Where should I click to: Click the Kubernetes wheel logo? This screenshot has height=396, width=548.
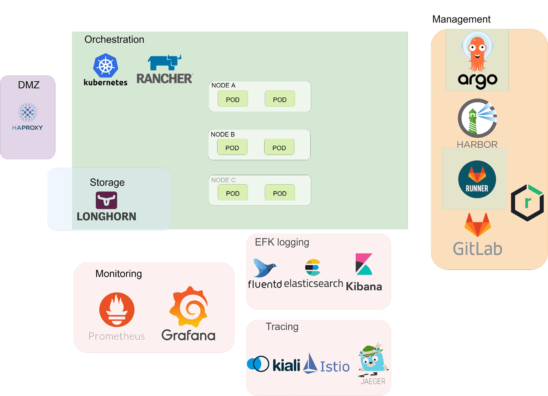106,66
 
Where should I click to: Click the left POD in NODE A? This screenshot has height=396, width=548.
233,99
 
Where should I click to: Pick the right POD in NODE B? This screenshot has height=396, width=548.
279,148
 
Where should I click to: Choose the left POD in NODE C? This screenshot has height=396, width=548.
233,193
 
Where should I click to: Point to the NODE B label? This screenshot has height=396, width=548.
222,134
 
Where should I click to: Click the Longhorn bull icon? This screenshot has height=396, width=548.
106,200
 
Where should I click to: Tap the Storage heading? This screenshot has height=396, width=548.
107,183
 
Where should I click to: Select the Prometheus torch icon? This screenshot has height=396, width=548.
117,309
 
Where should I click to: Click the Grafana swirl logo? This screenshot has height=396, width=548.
188,307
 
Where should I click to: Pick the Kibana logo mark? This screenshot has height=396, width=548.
364,264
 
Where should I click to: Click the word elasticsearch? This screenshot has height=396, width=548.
313,283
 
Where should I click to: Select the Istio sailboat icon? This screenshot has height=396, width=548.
310,363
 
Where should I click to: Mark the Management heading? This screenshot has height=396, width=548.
461,19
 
